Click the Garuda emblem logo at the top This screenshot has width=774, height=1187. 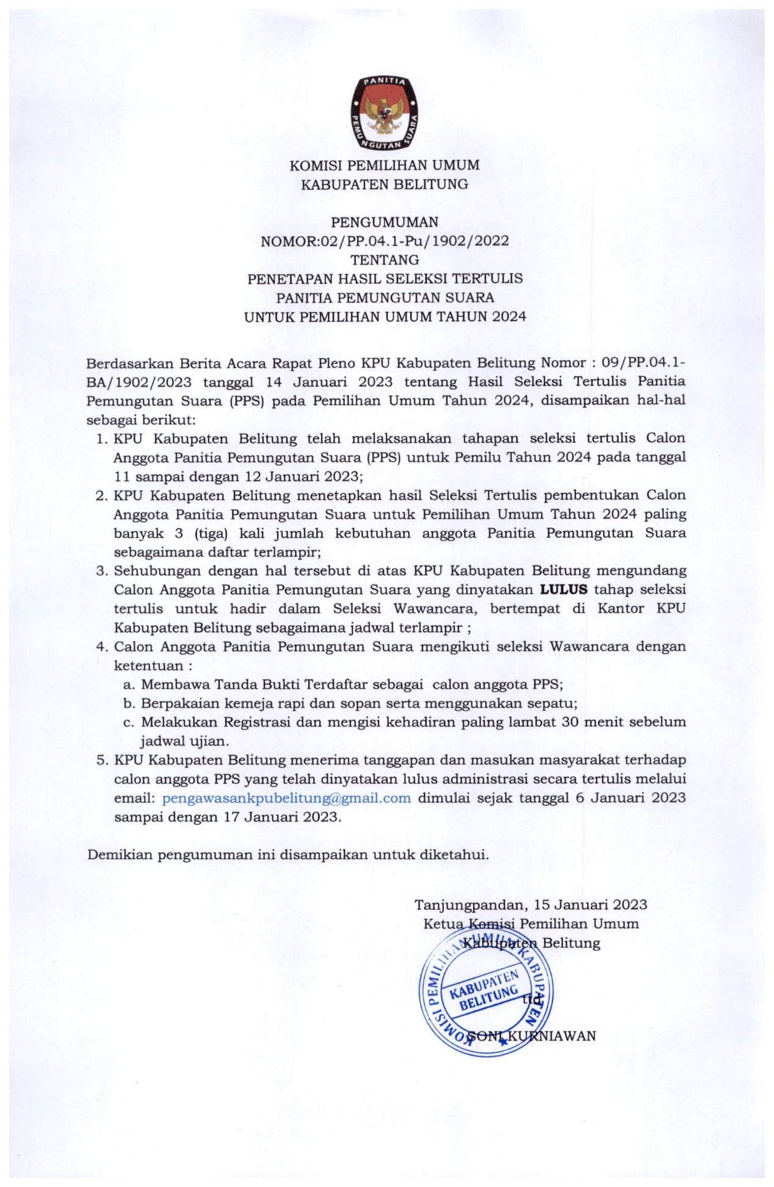[385, 113]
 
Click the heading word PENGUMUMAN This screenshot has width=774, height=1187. [385, 222]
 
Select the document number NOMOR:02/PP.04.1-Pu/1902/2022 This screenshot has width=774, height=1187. [385, 241]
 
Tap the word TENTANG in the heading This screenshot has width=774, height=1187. [385, 260]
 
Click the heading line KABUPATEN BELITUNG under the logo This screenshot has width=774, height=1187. [385, 184]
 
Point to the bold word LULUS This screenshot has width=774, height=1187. [563, 590]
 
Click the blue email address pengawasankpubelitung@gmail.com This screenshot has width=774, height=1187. [286, 798]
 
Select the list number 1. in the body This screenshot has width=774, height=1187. [102, 438]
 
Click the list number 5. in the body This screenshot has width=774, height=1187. [102, 760]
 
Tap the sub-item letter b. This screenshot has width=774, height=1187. [128, 703]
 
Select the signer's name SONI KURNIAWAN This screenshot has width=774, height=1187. [531, 1036]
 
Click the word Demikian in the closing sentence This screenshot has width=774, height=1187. [120, 855]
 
